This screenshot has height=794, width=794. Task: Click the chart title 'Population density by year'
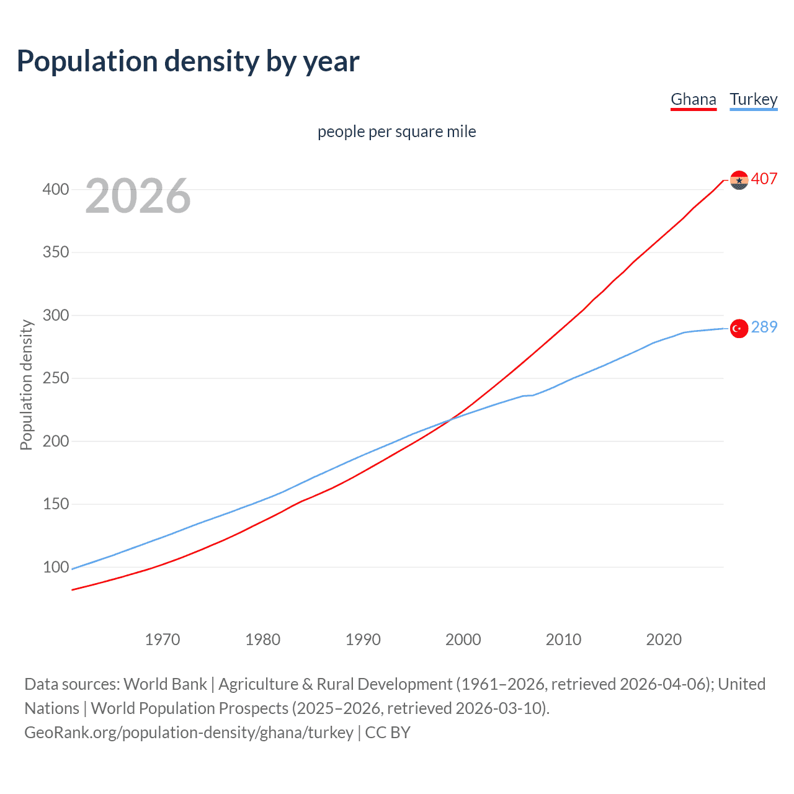tap(188, 61)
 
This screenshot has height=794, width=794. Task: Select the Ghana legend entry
tap(694, 100)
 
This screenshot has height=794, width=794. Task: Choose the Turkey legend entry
tap(753, 100)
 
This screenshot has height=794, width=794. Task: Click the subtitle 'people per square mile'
tap(396, 132)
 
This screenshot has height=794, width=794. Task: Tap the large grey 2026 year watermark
tap(138, 196)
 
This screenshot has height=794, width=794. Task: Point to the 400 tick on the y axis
tap(56, 189)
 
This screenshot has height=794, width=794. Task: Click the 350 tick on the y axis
tap(56, 252)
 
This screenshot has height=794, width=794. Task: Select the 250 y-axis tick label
tap(56, 378)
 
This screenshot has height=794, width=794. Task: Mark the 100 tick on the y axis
tap(56, 567)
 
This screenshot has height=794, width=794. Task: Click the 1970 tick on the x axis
tap(163, 640)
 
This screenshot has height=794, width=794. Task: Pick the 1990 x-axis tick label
tap(363, 640)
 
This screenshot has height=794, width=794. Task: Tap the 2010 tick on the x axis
tap(563, 640)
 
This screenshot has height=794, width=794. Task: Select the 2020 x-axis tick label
tap(664, 640)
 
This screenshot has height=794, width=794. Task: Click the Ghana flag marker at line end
tap(739, 180)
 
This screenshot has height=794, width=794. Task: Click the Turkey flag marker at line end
tap(739, 328)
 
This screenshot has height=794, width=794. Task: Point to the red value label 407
tap(764, 179)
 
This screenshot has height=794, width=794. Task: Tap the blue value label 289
tap(764, 328)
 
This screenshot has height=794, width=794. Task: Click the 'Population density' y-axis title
tap(26, 385)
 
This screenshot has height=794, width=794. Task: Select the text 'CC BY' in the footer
tap(388, 733)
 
